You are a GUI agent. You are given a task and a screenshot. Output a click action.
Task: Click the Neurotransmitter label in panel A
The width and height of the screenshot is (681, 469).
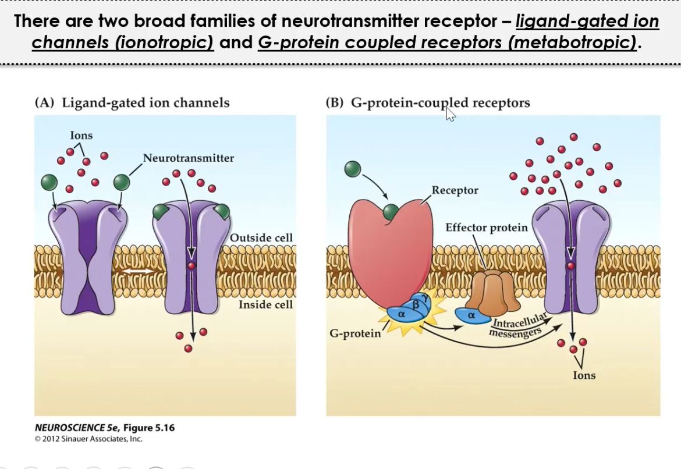[188, 158]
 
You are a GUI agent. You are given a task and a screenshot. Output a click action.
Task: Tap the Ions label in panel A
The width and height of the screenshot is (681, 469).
[81, 135]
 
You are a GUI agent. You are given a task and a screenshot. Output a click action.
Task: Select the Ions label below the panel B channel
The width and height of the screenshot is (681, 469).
[584, 375]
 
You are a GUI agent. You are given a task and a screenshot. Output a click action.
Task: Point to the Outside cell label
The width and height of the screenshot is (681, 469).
[261, 237]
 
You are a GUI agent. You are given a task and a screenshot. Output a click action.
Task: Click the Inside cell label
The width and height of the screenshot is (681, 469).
[265, 304]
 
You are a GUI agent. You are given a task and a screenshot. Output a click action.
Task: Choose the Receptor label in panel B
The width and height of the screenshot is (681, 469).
[455, 190]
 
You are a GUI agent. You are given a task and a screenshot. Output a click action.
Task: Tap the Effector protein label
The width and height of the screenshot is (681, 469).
[486, 228]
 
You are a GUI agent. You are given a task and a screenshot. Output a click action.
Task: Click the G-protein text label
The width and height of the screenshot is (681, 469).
[355, 333]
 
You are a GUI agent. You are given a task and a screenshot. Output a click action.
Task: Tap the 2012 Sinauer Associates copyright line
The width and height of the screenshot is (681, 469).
[88, 439]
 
